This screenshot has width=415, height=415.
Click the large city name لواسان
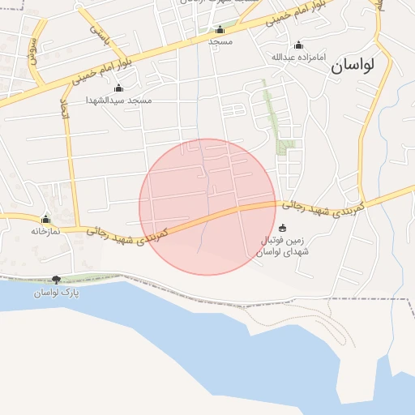(x=363, y=67)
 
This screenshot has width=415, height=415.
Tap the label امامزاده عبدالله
(x=292, y=57)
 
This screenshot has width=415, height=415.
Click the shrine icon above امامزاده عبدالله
(x=298, y=45)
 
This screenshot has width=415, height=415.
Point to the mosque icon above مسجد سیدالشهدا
(x=119, y=88)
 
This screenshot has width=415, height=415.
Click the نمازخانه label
(x=46, y=231)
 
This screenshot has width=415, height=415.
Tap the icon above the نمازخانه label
(x=45, y=219)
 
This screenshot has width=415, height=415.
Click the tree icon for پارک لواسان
(x=56, y=280)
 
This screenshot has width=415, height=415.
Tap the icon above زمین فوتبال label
(x=282, y=228)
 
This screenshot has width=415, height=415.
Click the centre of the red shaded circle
(x=207, y=207)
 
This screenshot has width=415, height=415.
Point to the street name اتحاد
(x=65, y=109)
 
